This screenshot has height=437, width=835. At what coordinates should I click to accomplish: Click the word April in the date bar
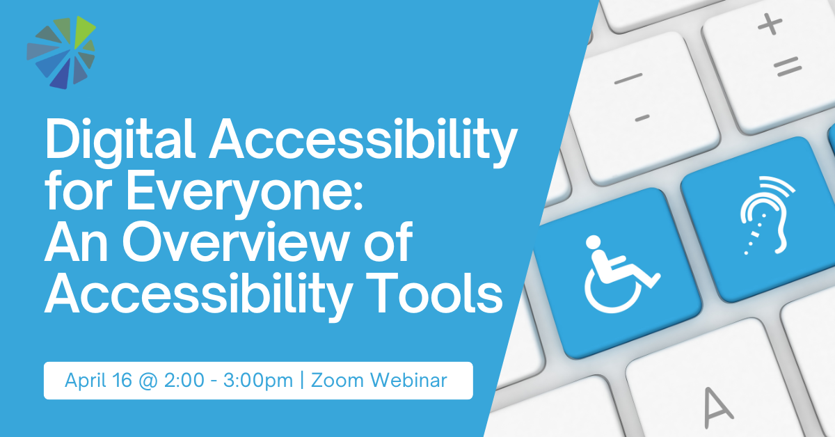point(83,381)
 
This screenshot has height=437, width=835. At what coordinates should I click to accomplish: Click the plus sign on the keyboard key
point(770,25)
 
